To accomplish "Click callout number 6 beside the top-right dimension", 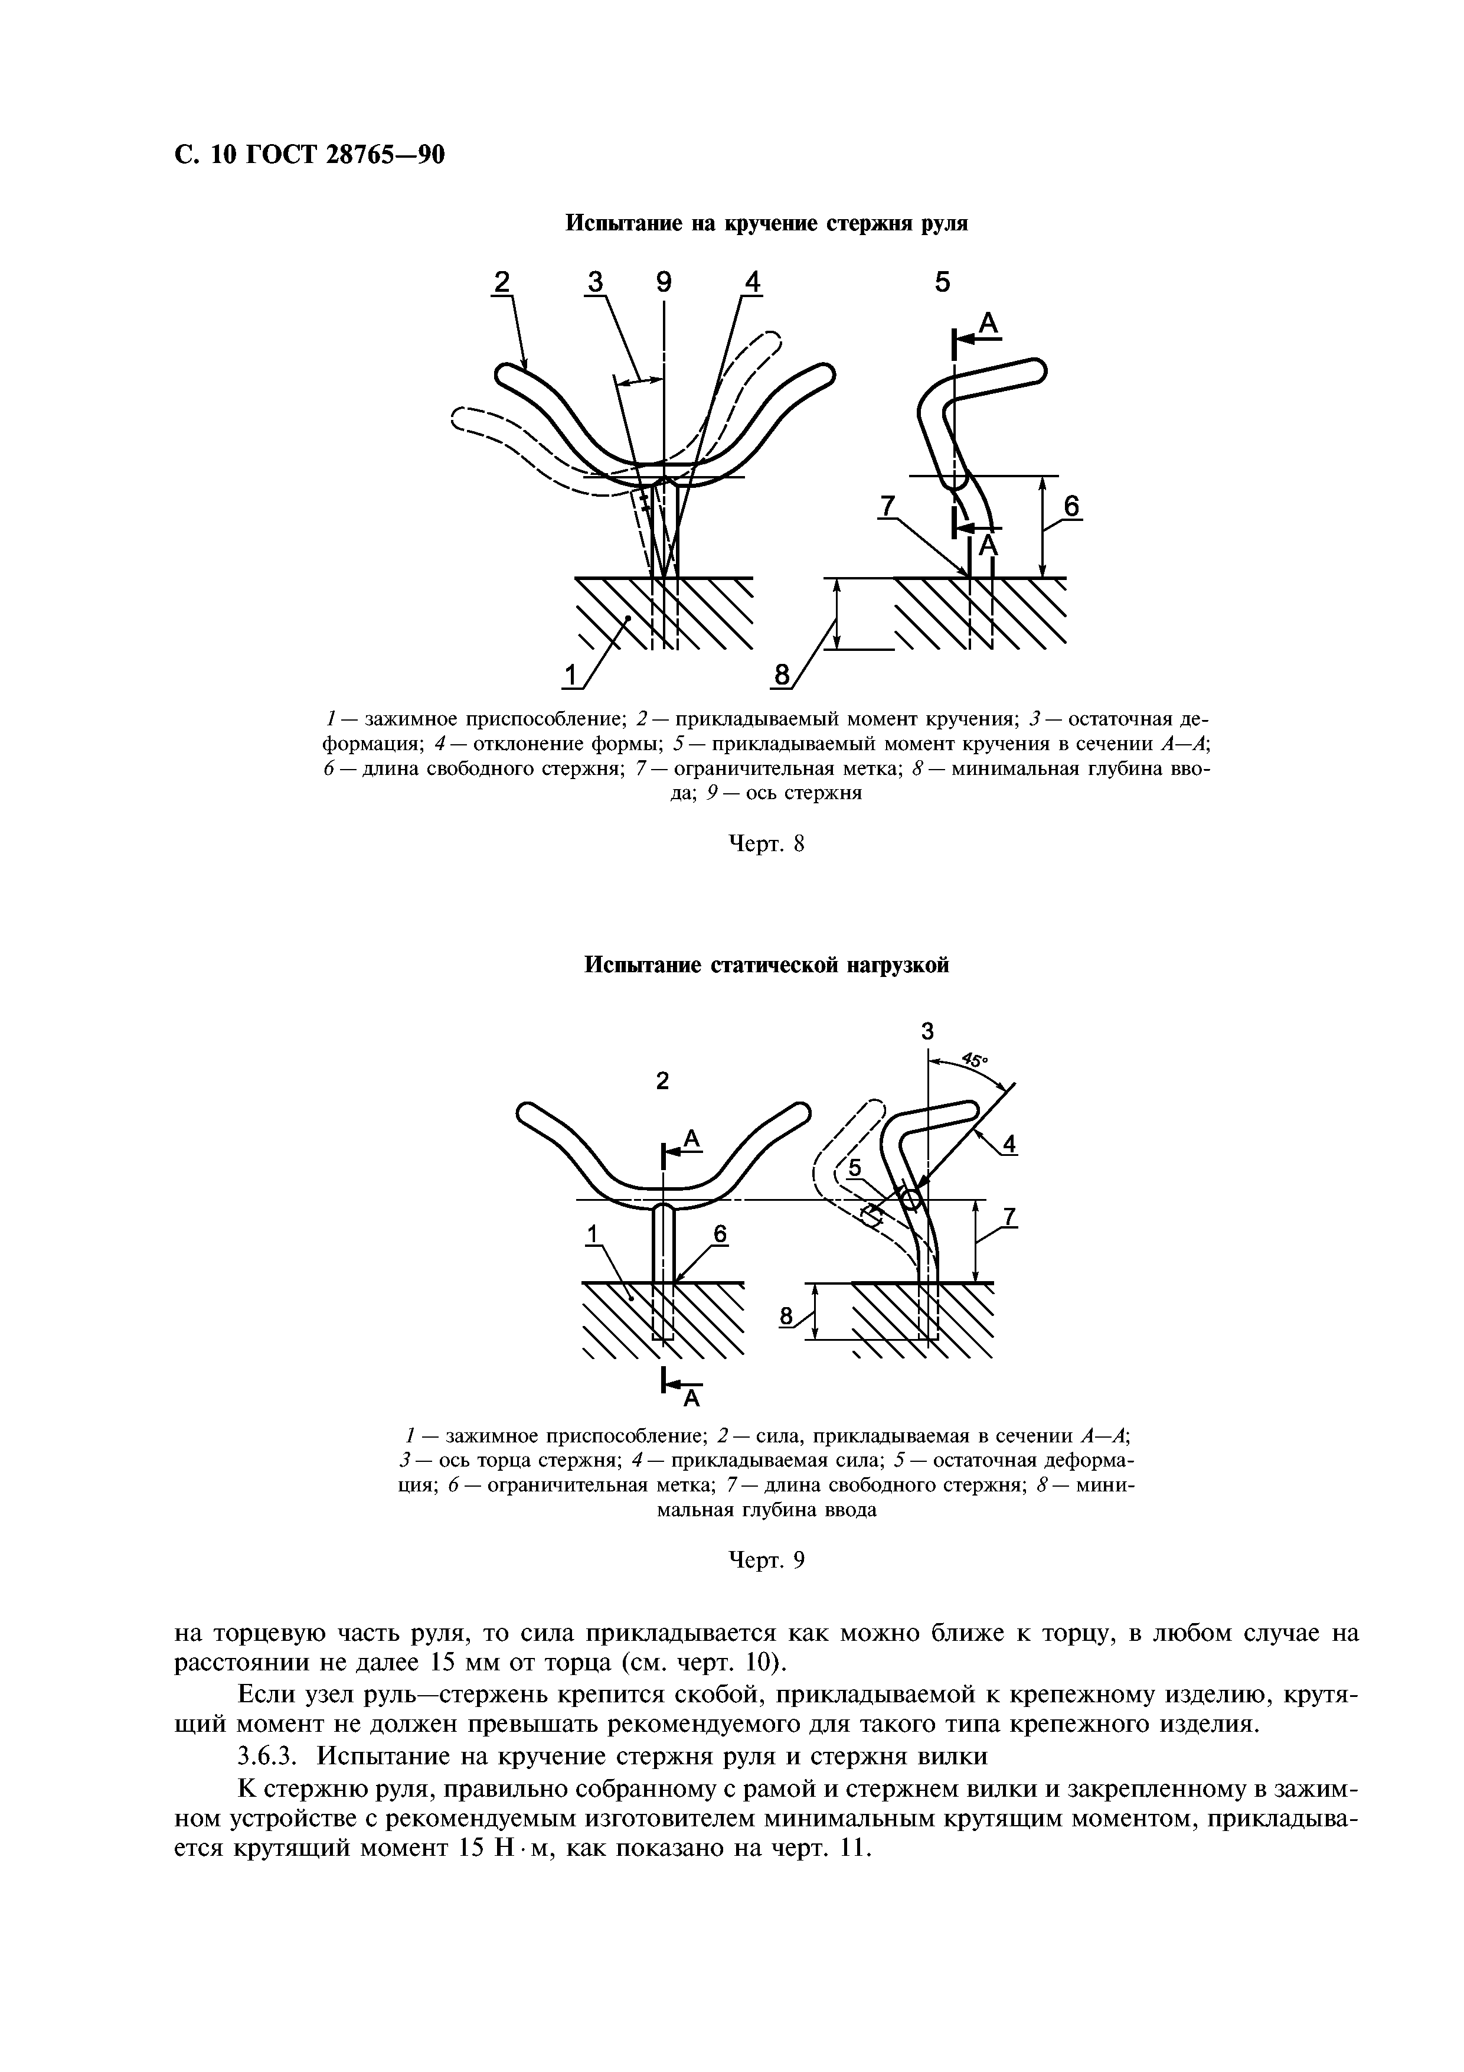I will [1071, 507].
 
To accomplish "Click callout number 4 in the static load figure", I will [1009, 1144].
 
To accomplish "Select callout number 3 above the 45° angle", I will [927, 1031].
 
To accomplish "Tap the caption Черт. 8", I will [765, 844].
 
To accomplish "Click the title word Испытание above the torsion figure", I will [620, 224].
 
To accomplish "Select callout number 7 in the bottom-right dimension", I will [1009, 1217].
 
